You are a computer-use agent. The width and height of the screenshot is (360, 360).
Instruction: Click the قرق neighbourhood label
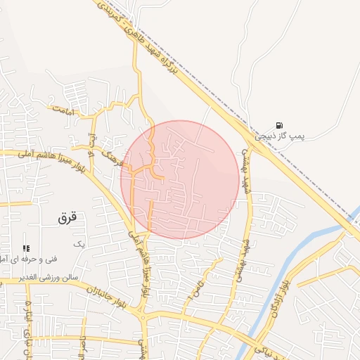pos(67,218)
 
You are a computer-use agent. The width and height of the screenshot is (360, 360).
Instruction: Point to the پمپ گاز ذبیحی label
pos(289,134)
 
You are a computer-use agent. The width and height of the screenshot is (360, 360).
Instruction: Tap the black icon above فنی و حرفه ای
pos(26,247)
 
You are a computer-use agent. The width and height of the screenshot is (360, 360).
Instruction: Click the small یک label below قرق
pos(79,244)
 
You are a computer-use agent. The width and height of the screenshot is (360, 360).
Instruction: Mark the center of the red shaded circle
pos(180,179)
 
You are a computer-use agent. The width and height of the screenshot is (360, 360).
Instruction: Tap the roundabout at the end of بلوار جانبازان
pos(143,319)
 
